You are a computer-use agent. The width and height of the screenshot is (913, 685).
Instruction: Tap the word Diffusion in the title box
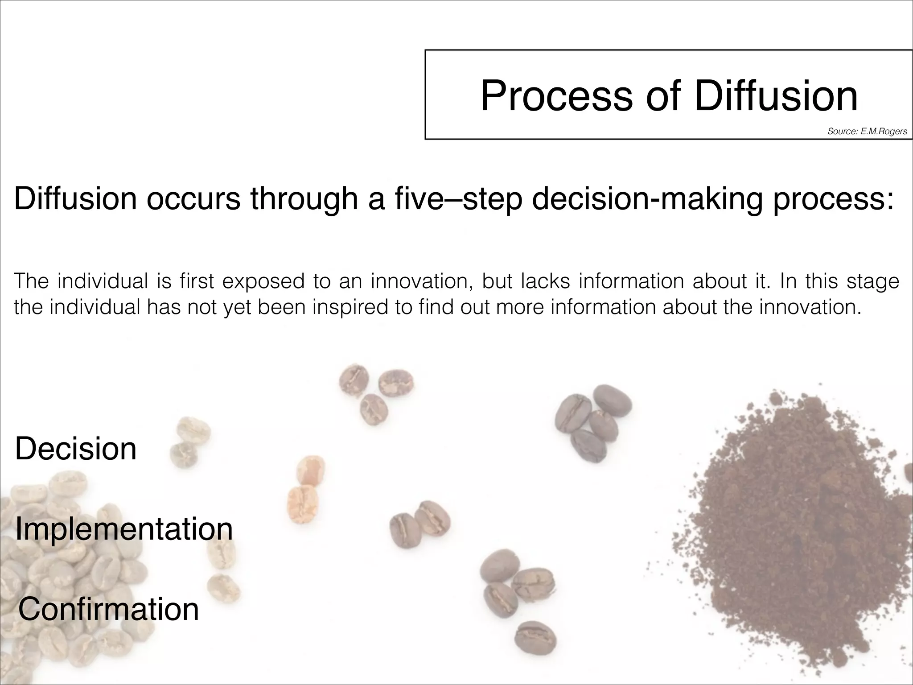coord(776,96)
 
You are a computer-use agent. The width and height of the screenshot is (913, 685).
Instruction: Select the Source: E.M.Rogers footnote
coord(867,132)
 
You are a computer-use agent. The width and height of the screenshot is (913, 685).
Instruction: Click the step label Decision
coord(76,449)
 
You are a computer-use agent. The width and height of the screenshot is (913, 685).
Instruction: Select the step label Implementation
coord(124,529)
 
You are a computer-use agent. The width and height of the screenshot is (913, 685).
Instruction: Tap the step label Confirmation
coord(108,609)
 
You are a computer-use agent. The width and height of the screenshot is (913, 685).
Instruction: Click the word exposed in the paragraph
coord(263,281)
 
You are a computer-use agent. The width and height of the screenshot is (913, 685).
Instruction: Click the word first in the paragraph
coord(197,281)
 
